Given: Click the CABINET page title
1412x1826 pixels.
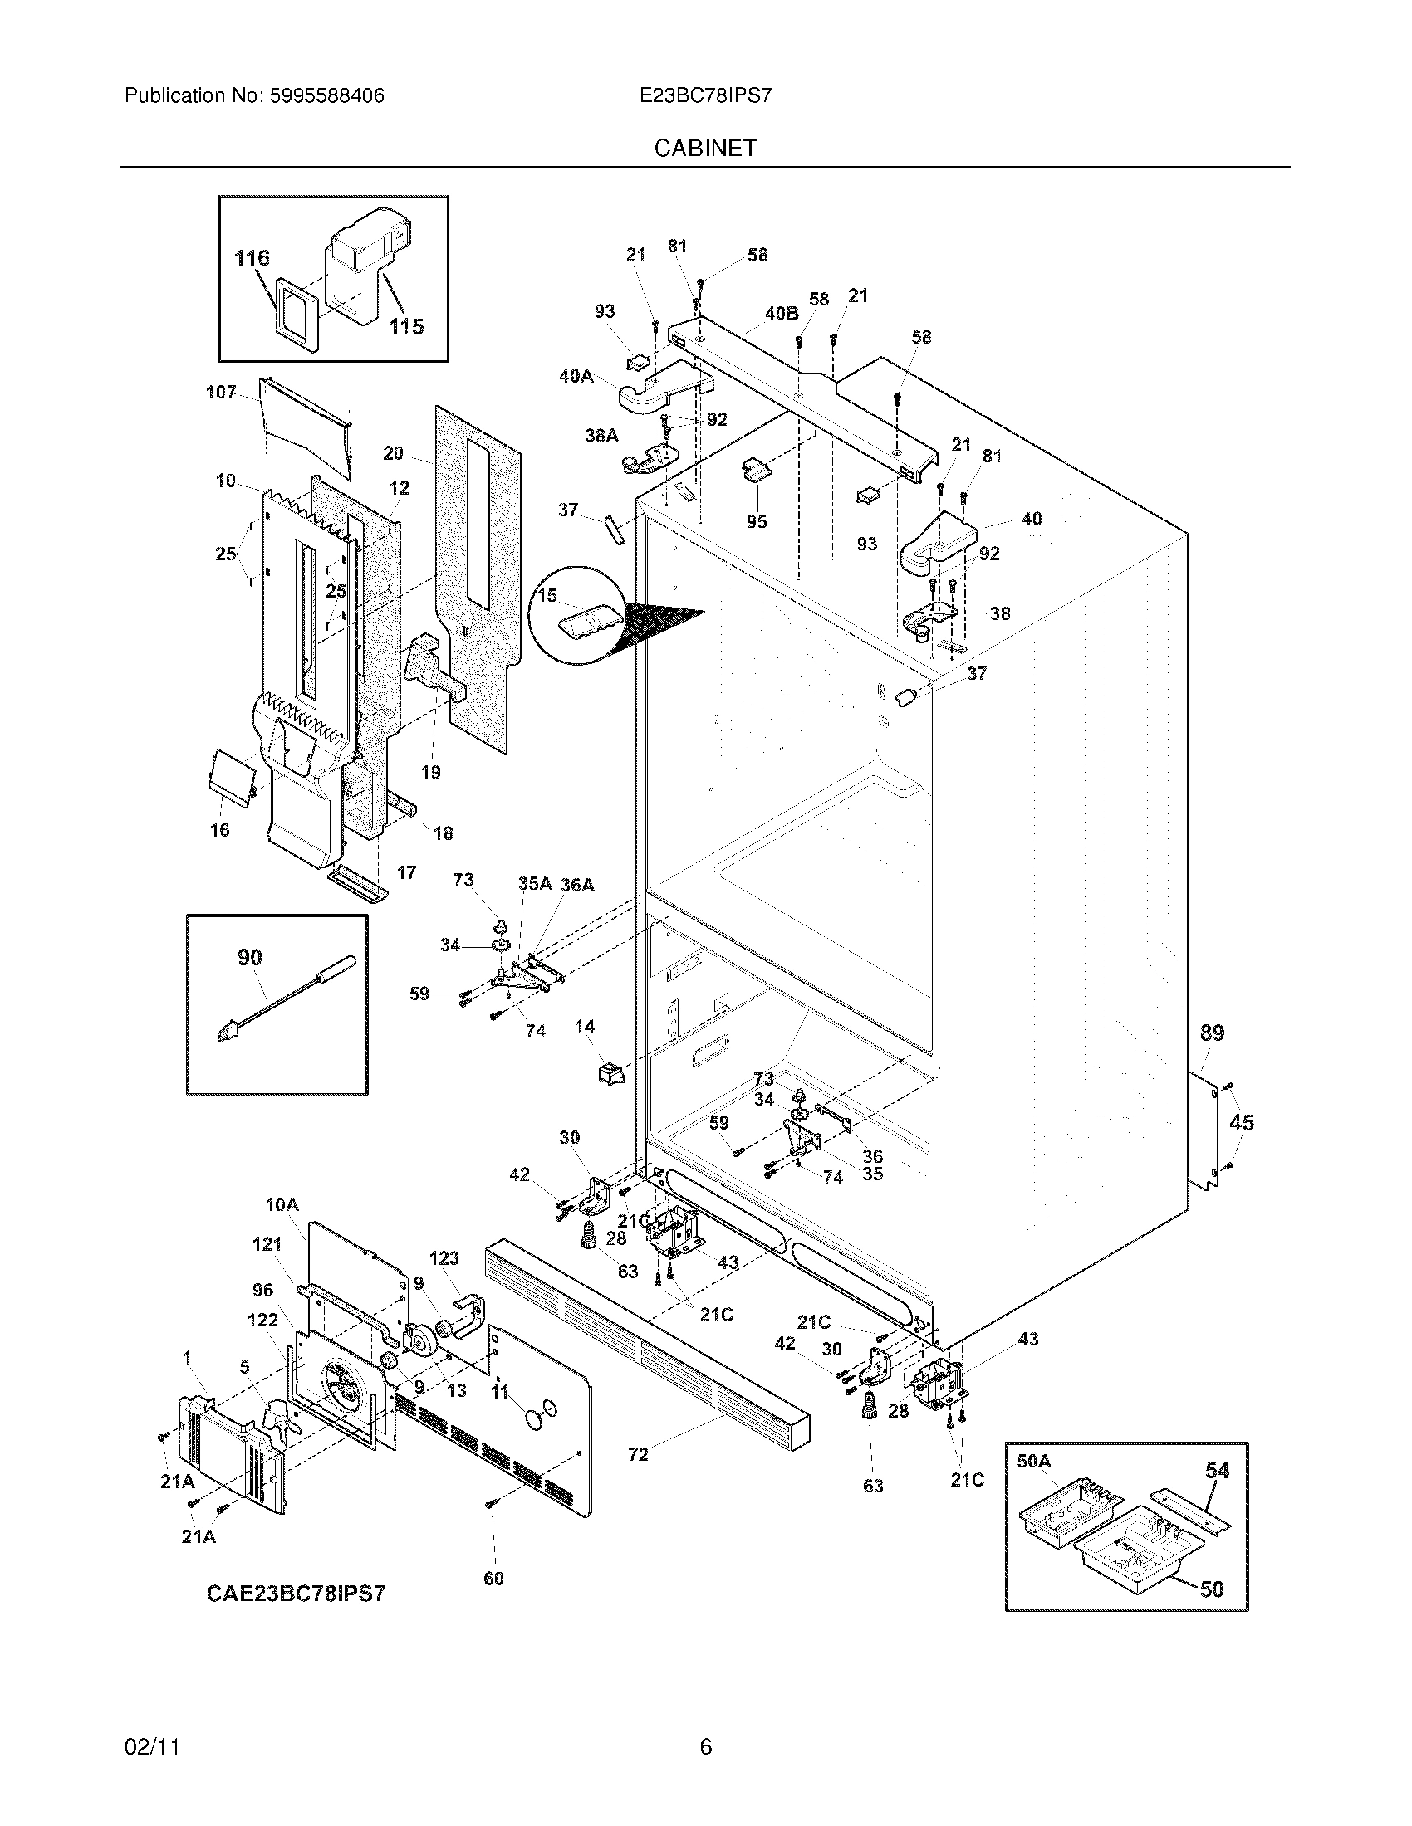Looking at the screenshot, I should tap(705, 148).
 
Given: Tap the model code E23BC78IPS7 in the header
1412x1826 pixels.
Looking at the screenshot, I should tap(705, 96).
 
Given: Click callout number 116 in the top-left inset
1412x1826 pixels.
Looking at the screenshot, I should tap(252, 257).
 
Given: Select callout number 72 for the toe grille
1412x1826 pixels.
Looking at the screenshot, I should tap(637, 1455).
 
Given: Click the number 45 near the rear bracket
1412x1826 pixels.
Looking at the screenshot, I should tap(1242, 1122).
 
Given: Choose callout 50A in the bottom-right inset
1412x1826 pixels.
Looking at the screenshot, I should tap(1034, 1461).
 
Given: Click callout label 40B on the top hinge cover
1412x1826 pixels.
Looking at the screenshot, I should tap(782, 313).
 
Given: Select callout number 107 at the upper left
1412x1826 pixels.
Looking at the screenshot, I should tap(221, 392).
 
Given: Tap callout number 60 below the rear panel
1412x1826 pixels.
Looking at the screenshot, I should tap(493, 1579).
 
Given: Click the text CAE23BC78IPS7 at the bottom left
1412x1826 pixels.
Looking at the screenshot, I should tap(297, 1594).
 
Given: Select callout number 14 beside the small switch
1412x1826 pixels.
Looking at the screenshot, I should tap(585, 1026).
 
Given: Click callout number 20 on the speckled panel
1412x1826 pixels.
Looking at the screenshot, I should tap(393, 453).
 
